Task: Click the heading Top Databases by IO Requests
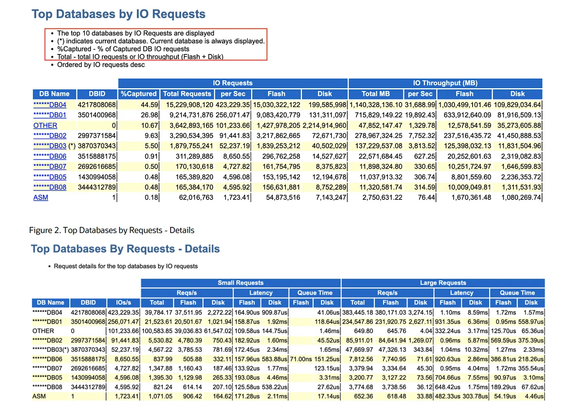pos(118,14)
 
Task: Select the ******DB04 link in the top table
pos(50,105)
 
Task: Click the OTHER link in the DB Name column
pos(45,125)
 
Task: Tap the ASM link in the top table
pos(40,197)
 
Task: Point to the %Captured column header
pos(139,94)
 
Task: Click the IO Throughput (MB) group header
pos(445,83)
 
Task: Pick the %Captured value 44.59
pos(149,105)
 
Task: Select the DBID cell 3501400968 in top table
pos(96,115)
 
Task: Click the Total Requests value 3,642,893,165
pos(191,125)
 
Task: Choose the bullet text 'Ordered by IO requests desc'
pos(101,65)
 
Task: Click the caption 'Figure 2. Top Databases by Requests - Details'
pos(112,230)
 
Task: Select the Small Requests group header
pos(241,283)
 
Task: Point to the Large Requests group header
pos(443,283)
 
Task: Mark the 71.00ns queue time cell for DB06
pos(301,359)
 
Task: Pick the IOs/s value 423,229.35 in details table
pos(123,312)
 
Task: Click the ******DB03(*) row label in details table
pos(50,350)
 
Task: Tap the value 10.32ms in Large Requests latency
pos(476,350)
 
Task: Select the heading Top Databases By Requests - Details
pos(125,249)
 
